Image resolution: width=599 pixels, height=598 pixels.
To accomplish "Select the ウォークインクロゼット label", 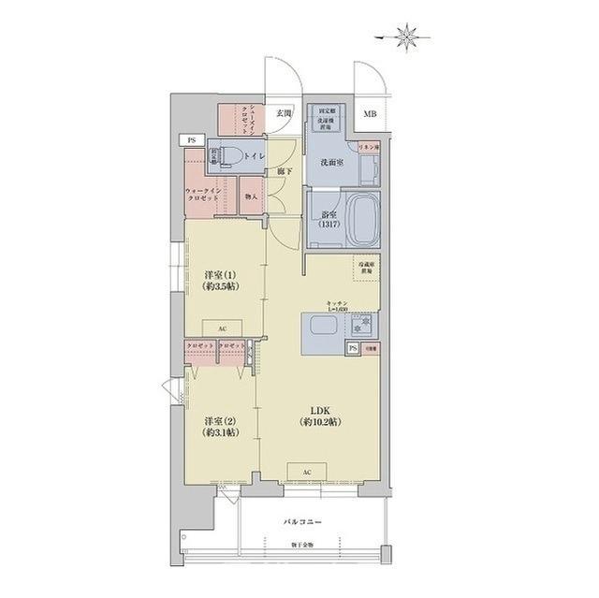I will (x=204, y=197).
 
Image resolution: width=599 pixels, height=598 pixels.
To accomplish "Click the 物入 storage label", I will (x=250, y=197).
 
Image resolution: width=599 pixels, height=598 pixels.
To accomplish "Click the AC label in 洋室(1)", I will (x=222, y=329).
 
